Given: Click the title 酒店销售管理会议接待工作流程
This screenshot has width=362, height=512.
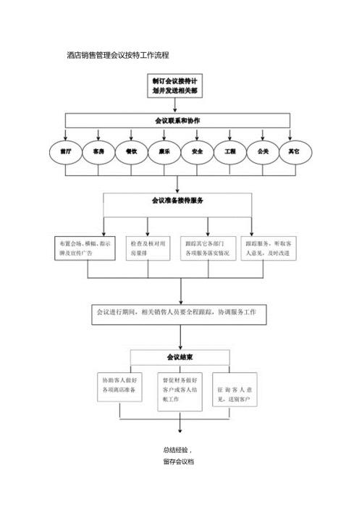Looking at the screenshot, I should (x=117, y=55).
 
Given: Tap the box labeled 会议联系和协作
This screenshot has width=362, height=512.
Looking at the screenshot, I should (x=177, y=120).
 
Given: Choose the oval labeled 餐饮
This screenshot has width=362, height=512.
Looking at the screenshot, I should (x=131, y=152).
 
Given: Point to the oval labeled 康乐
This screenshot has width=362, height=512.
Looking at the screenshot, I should (x=164, y=152).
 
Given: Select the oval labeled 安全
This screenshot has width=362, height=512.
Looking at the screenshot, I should (x=197, y=152).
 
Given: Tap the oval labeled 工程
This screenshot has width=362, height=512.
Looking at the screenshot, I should (x=230, y=152).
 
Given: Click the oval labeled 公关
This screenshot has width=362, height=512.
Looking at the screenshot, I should (x=263, y=152).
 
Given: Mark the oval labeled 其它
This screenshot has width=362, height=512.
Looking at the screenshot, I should (x=294, y=152).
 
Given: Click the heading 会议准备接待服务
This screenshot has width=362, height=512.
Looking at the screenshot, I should (x=177, y=201).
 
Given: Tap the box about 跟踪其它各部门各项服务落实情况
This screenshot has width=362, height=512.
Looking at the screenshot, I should (x=208, y=248).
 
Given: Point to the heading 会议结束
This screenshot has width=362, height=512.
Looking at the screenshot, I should (x=179, y=357).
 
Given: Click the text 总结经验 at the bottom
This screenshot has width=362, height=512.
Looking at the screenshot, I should (x=177, y=450).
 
